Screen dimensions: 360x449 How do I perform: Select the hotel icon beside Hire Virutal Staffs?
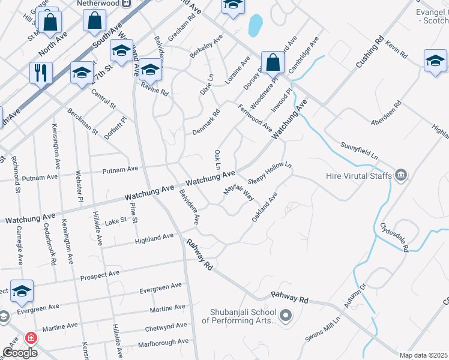402,176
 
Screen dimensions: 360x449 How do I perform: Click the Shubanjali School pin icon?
286,315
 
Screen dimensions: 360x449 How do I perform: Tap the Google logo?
20,353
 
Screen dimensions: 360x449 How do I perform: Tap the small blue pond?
255,26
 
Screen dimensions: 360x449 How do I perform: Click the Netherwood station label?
98,3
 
